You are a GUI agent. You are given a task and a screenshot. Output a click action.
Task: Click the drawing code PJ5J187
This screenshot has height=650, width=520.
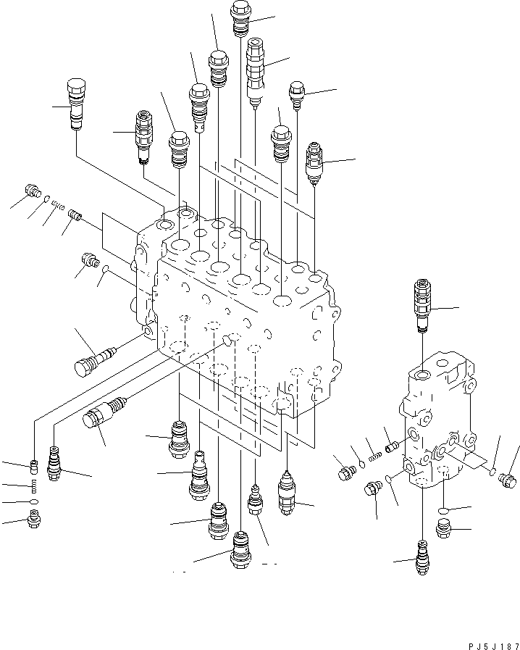(x=493, y=646)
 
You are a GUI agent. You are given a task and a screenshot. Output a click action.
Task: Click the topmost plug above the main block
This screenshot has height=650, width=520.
(x=240, y=19)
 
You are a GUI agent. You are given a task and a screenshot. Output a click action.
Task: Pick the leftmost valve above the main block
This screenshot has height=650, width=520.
(x=76, y=104)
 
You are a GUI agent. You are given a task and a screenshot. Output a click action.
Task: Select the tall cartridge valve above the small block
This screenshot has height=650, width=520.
(x=422, y=307)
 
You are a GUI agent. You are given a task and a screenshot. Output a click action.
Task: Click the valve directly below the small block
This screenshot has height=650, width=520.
(x=422, y=557)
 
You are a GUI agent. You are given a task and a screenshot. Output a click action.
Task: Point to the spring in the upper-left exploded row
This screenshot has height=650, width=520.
(x=58, y=205)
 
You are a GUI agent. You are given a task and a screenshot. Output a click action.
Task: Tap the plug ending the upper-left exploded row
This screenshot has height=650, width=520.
(x=33, y=191)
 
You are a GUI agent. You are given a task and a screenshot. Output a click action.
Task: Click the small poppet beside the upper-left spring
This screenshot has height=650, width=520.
(x=75, y=215)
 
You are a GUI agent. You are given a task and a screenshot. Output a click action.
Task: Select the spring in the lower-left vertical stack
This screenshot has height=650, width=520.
(x=34, y=486)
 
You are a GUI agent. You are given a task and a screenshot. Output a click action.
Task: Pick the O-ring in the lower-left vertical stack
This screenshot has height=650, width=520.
(x=34, y=502)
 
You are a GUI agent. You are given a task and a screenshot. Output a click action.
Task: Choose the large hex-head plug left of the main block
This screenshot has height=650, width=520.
(x=95, y=360)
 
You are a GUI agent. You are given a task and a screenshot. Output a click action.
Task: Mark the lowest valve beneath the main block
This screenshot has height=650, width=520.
(x=240, y=549)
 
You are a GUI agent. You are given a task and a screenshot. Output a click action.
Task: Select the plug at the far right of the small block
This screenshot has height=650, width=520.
(x=508, y=480)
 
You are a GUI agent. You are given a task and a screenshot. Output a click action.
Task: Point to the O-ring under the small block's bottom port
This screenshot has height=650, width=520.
(x=444, y=510)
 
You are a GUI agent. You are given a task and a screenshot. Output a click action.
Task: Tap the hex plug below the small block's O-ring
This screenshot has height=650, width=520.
(x=443, y=528)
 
